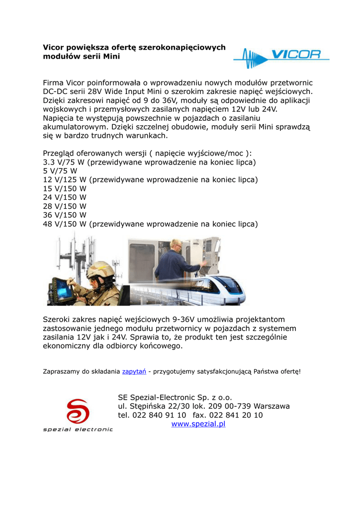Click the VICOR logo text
[295, 55]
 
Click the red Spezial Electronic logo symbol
[78, 411]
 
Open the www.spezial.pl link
[198, 424]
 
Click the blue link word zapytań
[130, 371]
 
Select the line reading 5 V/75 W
[60, 171]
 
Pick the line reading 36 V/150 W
[65, 215]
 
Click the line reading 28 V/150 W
[65, 206]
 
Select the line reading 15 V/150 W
[65, 189]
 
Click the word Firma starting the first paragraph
[54, 83]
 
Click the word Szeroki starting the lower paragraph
[58, 320]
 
